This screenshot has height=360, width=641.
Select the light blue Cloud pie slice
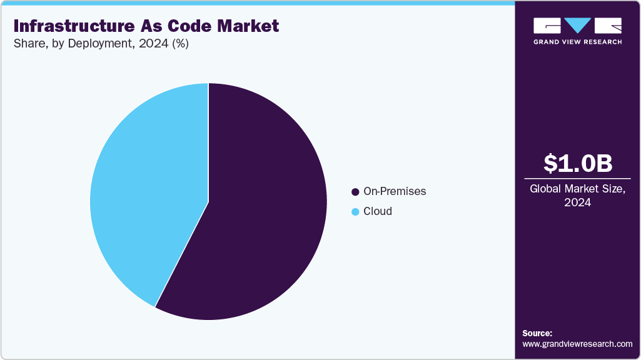click(x=150, y=187)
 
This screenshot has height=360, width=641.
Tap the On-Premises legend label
click(x=395, y=191)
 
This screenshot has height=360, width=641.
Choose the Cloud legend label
click(x=378, y=211)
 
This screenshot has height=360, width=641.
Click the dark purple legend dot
click(x=356, y=192)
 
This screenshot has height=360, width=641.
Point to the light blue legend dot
click(x=356, y=212)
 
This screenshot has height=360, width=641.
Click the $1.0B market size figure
click(x=577, y=163)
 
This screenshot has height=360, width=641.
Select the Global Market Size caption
click(x=577, y=189)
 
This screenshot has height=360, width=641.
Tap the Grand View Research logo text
click(x=577, y=42)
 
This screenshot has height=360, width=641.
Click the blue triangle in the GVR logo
click(x=578, y=26)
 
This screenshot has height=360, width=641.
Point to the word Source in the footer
click(x=537, y=333)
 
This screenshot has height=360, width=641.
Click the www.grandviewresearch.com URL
click(x=577, y=344)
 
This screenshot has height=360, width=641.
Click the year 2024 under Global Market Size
click(x=577, y=202)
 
